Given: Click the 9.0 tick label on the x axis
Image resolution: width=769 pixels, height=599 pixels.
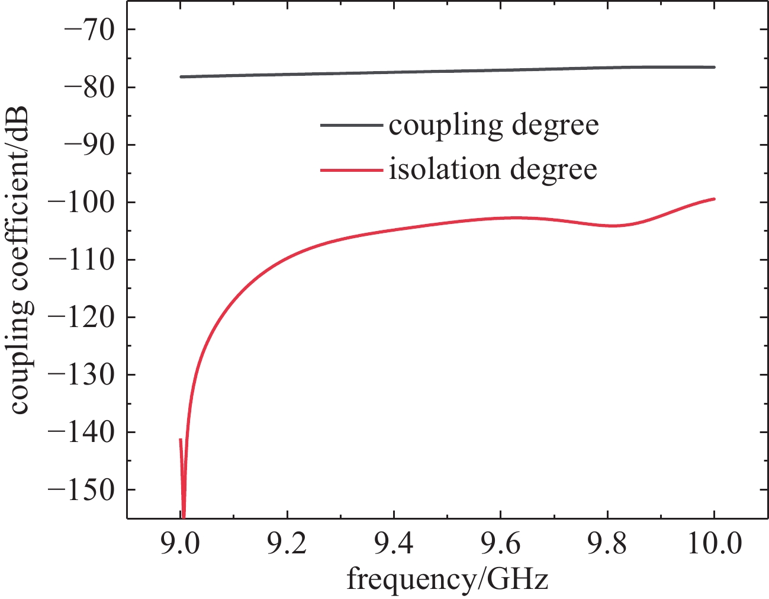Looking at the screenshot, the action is pyautogui.click(x=181, y=544).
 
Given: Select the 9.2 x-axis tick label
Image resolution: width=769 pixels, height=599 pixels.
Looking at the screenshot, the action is pyautogui.click(x=287, y=544).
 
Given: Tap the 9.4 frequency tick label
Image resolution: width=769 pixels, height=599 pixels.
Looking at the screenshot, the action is pyautogui.click(x=394, y=544).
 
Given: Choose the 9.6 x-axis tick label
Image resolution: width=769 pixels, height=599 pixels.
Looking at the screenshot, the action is pyautogui.click(x=500, y=544).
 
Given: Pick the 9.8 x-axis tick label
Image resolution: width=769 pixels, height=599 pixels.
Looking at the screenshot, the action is pyautogui.click(x=607, y=544).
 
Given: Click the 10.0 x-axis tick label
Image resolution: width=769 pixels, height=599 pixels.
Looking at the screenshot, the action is pyautogui.click(x=715, y=544).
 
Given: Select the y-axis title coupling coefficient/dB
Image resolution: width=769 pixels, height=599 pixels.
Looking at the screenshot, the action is pyautogui.click(x=21, y=260).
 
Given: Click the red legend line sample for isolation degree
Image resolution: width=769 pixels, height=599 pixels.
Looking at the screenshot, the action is pyautogui.click(x=352, y=171).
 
